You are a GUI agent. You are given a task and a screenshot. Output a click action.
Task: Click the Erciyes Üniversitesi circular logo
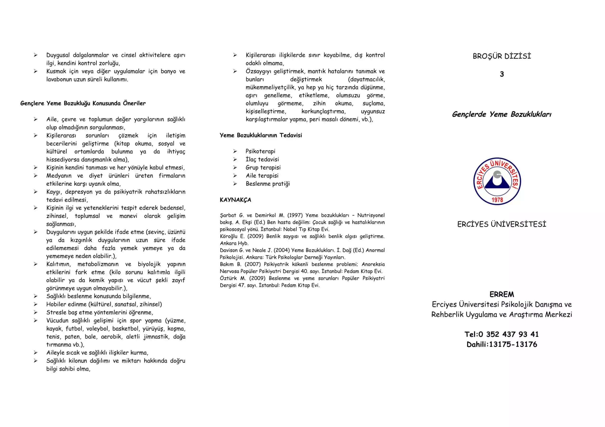pos(497,181)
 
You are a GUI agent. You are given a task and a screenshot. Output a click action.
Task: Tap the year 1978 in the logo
pos(497,200)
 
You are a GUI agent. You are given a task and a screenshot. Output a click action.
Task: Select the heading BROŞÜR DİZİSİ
pos(502,56)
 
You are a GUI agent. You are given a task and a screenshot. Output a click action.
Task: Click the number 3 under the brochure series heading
pos(502,74)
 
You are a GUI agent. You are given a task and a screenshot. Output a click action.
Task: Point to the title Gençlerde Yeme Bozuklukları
pos(502,114)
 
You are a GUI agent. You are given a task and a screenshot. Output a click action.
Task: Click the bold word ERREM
pos(502,294)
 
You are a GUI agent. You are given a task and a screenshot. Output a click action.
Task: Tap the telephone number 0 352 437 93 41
pos(509,334)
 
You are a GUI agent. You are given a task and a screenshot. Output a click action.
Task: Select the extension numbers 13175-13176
pos(513,344)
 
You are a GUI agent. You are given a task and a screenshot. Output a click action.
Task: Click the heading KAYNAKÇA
pos(235,200)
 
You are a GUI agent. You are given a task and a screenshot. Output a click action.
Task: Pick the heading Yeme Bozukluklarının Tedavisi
pos(261,135)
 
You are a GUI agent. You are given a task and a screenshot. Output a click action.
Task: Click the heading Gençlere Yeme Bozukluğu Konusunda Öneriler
pos(83,103)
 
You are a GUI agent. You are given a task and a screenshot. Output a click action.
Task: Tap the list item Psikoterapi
pos(260,151)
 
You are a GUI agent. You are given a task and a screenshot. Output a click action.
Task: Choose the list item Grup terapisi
pos(263,167)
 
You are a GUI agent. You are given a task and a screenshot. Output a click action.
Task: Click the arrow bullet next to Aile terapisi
pos(235,176)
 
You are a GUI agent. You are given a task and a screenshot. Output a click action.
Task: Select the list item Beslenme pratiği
pos(268,184)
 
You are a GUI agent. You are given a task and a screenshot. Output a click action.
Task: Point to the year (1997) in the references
pos(295,215)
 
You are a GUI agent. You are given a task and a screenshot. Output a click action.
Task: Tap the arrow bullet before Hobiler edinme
pos(36,304)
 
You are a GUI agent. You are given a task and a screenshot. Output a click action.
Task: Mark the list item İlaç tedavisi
pos(262,159)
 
